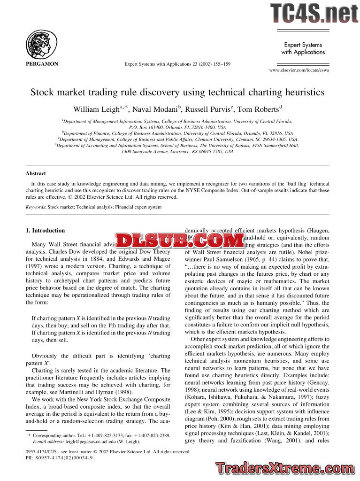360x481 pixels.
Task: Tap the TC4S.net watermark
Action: point(314,14)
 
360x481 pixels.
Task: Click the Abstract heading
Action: point(36,173)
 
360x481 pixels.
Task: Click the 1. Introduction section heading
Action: point(45,231)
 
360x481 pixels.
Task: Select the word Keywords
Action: point(35,207)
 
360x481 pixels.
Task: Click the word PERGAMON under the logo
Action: point(42,64)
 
